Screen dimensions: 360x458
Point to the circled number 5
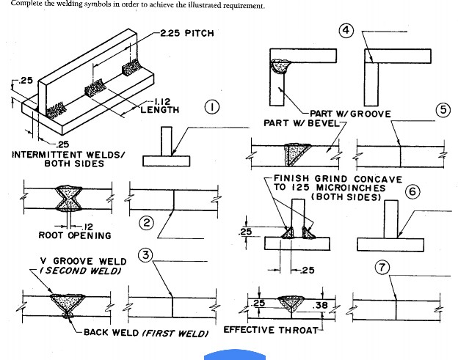(x=443, y=109)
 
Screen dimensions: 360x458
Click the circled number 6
(x=412, y=192)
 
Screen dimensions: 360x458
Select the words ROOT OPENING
(x=74, y=235)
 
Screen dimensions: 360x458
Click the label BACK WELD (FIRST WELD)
(x=145, y=332)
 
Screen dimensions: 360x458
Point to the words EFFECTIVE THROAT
(x=271, y=330)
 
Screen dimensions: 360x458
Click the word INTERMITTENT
(x=49, y=155)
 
